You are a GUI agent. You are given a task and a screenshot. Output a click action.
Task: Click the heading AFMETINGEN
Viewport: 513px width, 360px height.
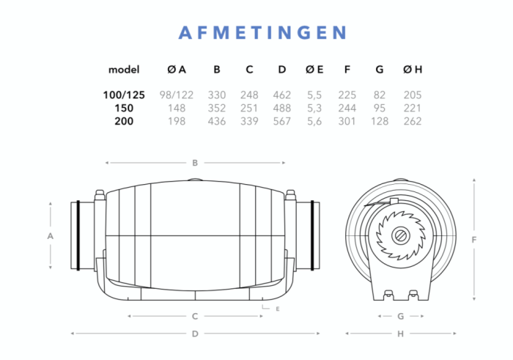click(263, 33)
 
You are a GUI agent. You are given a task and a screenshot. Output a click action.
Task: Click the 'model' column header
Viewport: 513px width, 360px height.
click(124, 70)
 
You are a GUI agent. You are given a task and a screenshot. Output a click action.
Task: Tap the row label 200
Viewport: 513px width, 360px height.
click(124, 121)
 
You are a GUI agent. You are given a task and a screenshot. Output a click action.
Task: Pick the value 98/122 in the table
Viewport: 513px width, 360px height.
click(176, 95)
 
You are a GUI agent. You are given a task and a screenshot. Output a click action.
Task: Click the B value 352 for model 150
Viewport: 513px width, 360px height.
click(217, 108)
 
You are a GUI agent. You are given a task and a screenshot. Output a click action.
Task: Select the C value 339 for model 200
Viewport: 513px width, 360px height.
click(249, 121)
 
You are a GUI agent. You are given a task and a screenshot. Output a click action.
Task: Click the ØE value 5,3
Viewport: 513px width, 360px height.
click(314, 108)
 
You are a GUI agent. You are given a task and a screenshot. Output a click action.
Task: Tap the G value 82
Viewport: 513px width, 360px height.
click(379, 95)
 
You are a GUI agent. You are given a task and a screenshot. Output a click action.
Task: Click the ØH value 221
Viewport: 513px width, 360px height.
click(413, 108)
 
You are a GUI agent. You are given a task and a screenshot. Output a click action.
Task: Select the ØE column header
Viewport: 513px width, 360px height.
click(314, 70)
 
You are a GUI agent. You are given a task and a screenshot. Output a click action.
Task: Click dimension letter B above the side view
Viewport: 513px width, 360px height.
click(195, 163)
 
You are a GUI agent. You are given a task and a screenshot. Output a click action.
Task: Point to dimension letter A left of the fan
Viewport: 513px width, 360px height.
click(50, 236)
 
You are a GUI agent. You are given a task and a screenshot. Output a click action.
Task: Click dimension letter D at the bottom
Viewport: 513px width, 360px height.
click(195, 334)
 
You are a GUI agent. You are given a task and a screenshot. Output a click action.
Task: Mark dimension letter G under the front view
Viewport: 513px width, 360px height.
click(400, 317)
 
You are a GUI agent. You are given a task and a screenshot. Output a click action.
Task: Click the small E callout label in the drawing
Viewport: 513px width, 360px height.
click(278, 309)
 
